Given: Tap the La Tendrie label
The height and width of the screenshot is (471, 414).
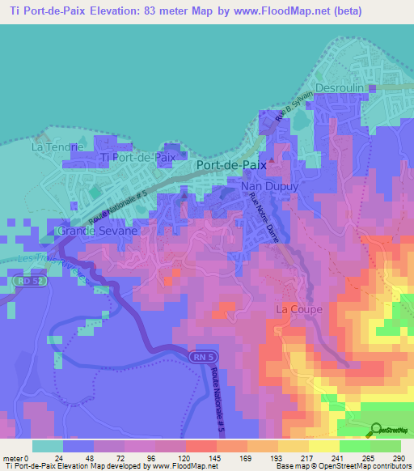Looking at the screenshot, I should [57, 147].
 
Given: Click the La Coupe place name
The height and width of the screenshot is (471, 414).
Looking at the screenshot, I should [299, 309].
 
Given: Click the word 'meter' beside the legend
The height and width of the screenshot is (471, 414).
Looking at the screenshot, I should [12, 458].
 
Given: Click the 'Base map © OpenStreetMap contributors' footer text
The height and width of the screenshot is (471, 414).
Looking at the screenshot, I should [350, 466].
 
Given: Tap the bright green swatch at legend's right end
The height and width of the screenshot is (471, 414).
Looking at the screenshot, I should [385, 446].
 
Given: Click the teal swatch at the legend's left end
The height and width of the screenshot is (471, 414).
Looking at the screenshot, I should [48, 446].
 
